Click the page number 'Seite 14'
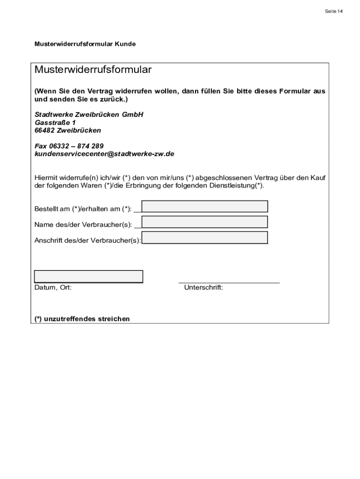coord(333,11)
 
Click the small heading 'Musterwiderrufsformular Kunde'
coord(85,44)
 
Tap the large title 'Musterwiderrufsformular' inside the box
coord(93,70)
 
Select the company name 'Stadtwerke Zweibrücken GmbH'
coord(89,115)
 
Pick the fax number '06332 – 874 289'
coord(77,146)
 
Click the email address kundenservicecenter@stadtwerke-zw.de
coord(104,153)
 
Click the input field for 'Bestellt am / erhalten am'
coord(205,206)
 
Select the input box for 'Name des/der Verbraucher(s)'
coord(205,222)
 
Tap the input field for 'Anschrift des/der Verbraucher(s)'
coord(205,237)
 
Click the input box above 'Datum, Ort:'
coord(88,276)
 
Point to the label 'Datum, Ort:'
coord(53,288)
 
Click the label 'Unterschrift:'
coord(203,288)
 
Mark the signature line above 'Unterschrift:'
coord(229,283)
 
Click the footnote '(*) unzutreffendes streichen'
coord(82,319)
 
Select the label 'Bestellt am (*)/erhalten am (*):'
coord(83,209)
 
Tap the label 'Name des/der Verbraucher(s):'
coord(83,225)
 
